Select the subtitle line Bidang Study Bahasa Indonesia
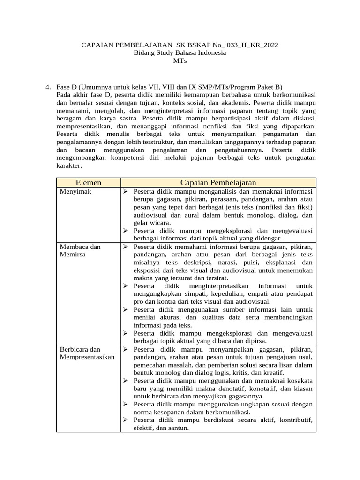(x=180, y=53)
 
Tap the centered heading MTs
(x=180, y=61)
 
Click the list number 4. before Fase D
(x=48, y=87)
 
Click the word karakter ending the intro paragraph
(x=69, y=165)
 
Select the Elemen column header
(x=89, y=182)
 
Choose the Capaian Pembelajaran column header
(x=218, y=182)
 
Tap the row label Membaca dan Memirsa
(x=80, y=250)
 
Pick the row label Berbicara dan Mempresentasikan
(x=88, y=353)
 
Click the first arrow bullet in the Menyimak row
(x=126, y=191)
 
